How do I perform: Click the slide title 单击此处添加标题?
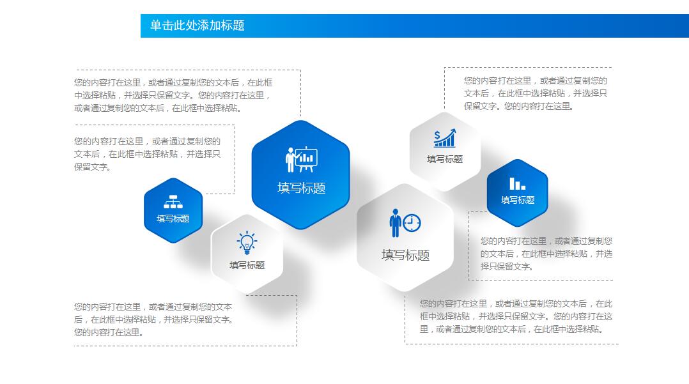[x=197, y=26]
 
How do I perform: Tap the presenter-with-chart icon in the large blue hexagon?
[x=301, y=160]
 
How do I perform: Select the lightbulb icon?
[x=247, y=243]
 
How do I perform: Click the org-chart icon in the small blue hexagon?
[x=173, y=202]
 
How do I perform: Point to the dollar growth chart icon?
[x=445, y=138]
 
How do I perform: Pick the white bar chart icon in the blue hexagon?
[x=517, y=183]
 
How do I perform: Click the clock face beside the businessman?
[x=412, y=223]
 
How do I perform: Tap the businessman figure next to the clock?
[x=395, y=223]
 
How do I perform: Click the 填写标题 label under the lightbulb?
[x=247, y=265]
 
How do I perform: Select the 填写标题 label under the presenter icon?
[x=302, y=188]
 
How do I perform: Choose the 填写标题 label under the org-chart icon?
[x=173, y=219]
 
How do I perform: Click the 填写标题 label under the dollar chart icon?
[x=445, y=159]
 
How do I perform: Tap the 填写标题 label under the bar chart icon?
[x=518, y=200]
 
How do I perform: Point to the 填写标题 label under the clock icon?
[x=406, y=255]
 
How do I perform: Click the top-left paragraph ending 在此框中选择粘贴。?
[x=173, y=95]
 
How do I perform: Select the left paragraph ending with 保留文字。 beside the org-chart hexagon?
[x=147, y=154]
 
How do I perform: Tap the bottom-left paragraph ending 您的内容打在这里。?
[x=153, y=319]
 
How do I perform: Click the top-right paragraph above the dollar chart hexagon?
[x=536, y=93]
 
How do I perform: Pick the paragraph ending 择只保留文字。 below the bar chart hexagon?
[x=546, y=254]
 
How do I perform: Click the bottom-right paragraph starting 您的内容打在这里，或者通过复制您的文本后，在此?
[x=516, y=316]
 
